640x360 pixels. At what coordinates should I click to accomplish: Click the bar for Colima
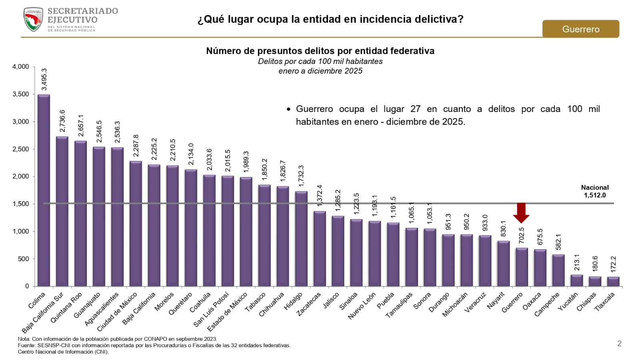(x=44, y=190)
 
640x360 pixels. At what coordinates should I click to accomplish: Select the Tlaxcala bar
(x=613, y=282)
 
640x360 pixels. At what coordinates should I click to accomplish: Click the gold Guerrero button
(x=580, y=29)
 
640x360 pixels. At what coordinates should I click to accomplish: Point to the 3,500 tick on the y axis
(x=21, y=94)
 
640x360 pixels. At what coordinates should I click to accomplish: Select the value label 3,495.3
(x=44, y=80)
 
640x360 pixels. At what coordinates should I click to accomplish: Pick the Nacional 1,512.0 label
(x=595, y=192)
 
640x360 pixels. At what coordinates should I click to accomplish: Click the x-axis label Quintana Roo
(x=66, y=308)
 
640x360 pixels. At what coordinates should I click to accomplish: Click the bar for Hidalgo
(x=302, y=239)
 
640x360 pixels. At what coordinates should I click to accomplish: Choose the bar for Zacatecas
(x=320, y=249)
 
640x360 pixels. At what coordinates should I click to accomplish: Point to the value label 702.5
(x=522, y=236)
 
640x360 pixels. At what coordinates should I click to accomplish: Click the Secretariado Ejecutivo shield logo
(x=33, y=20)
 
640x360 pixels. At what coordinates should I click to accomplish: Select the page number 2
(x=619, y=344)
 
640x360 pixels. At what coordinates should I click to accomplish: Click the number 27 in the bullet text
(x=415, y=109)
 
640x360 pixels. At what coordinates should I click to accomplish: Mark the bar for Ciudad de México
(x=136, y=224)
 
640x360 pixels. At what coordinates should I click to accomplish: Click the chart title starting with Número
(x=320, y=51)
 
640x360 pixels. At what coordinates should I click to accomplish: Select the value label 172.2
(x=614, y=264)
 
